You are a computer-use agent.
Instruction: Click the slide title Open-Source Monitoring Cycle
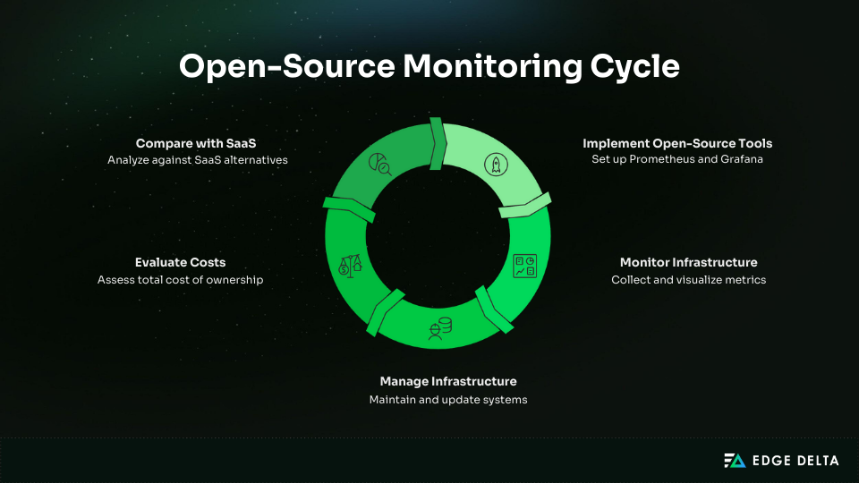429,67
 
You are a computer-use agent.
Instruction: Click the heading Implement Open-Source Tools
677,143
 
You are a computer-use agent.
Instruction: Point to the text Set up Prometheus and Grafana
677,160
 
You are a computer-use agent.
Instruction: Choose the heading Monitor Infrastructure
688,262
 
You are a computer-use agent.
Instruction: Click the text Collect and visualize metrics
688,280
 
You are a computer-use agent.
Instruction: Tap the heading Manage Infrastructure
448,381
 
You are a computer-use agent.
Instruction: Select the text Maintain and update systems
448,400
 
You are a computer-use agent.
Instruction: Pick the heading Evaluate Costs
180,262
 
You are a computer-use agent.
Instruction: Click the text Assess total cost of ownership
180,280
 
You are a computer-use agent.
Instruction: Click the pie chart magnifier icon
380,164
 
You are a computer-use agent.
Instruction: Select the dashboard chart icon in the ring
523,266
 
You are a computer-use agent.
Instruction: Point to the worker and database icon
438,328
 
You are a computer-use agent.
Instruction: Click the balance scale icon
351,266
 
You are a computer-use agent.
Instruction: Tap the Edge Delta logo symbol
735,460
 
